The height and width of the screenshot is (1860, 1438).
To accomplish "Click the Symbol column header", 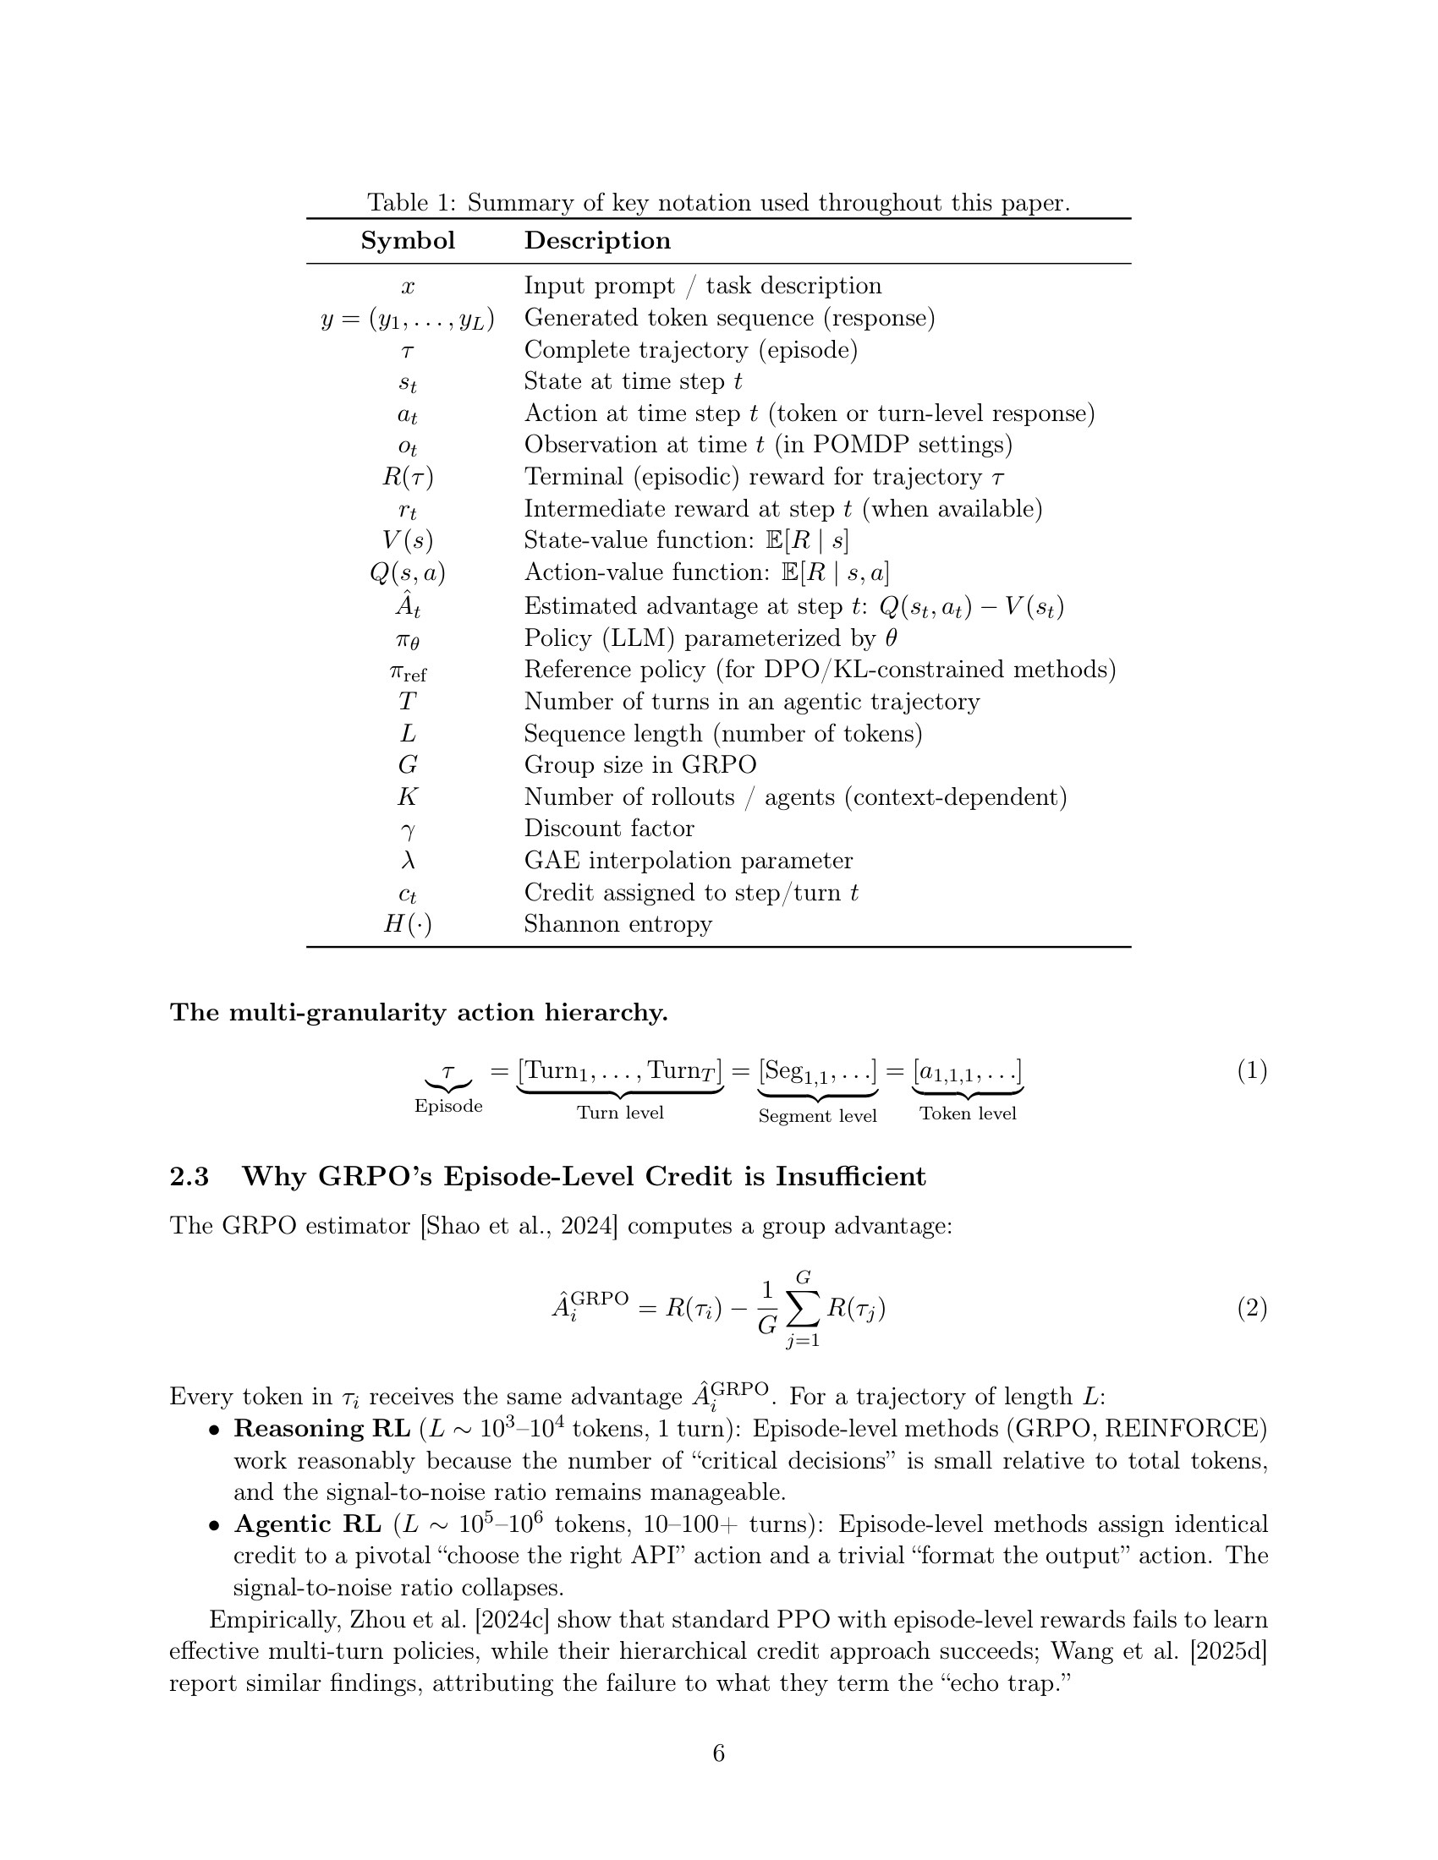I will pyautogui.click(x=407, y=241).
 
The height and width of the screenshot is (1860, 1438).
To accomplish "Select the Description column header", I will pyautogui.click(x=597, y=241).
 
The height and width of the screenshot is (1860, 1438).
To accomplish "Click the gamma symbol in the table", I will pyautogui.click(x=407, y=830).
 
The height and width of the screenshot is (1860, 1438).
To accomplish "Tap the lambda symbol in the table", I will pyautogui.click(x=407, y=860).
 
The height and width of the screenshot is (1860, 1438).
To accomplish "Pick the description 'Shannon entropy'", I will pyautogui.click(x=617, y=924).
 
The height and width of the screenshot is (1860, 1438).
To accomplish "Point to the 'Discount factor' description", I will pyautogui.click(x=608, y=829).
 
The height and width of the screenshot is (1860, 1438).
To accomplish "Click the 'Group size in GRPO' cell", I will pyautogui.click(x=639, y=765).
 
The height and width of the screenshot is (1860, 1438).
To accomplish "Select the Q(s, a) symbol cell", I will pyautogui.click(x=407, y=573).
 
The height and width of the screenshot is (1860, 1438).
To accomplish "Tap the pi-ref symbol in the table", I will pyautogui.click(x=407, y=672).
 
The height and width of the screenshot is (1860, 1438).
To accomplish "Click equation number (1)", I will pyautogui.click(x=1251, y=1070).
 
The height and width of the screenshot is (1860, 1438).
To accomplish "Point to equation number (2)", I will pyautogui.click(x=1251, y=1307).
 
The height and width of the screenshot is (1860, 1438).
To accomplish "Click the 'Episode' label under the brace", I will pyautogui.click(x=448, y=1107).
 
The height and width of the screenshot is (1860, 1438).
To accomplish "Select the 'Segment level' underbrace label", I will pyautogui.click(x=817, y=1116).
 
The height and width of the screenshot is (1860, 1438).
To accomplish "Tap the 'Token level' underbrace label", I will pyautogui.click(x=968, y=1114).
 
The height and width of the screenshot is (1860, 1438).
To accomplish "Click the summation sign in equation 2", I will pyautogui.click(x=803, y=1308).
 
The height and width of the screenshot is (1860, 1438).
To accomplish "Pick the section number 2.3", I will pyautogui.click(x=189, y=1177).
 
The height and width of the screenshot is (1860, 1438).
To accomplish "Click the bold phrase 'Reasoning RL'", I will pyautogui.click(x=321, y=1428).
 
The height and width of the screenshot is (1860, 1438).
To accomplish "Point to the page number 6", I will pyautogui.click(x=718, y=1753).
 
